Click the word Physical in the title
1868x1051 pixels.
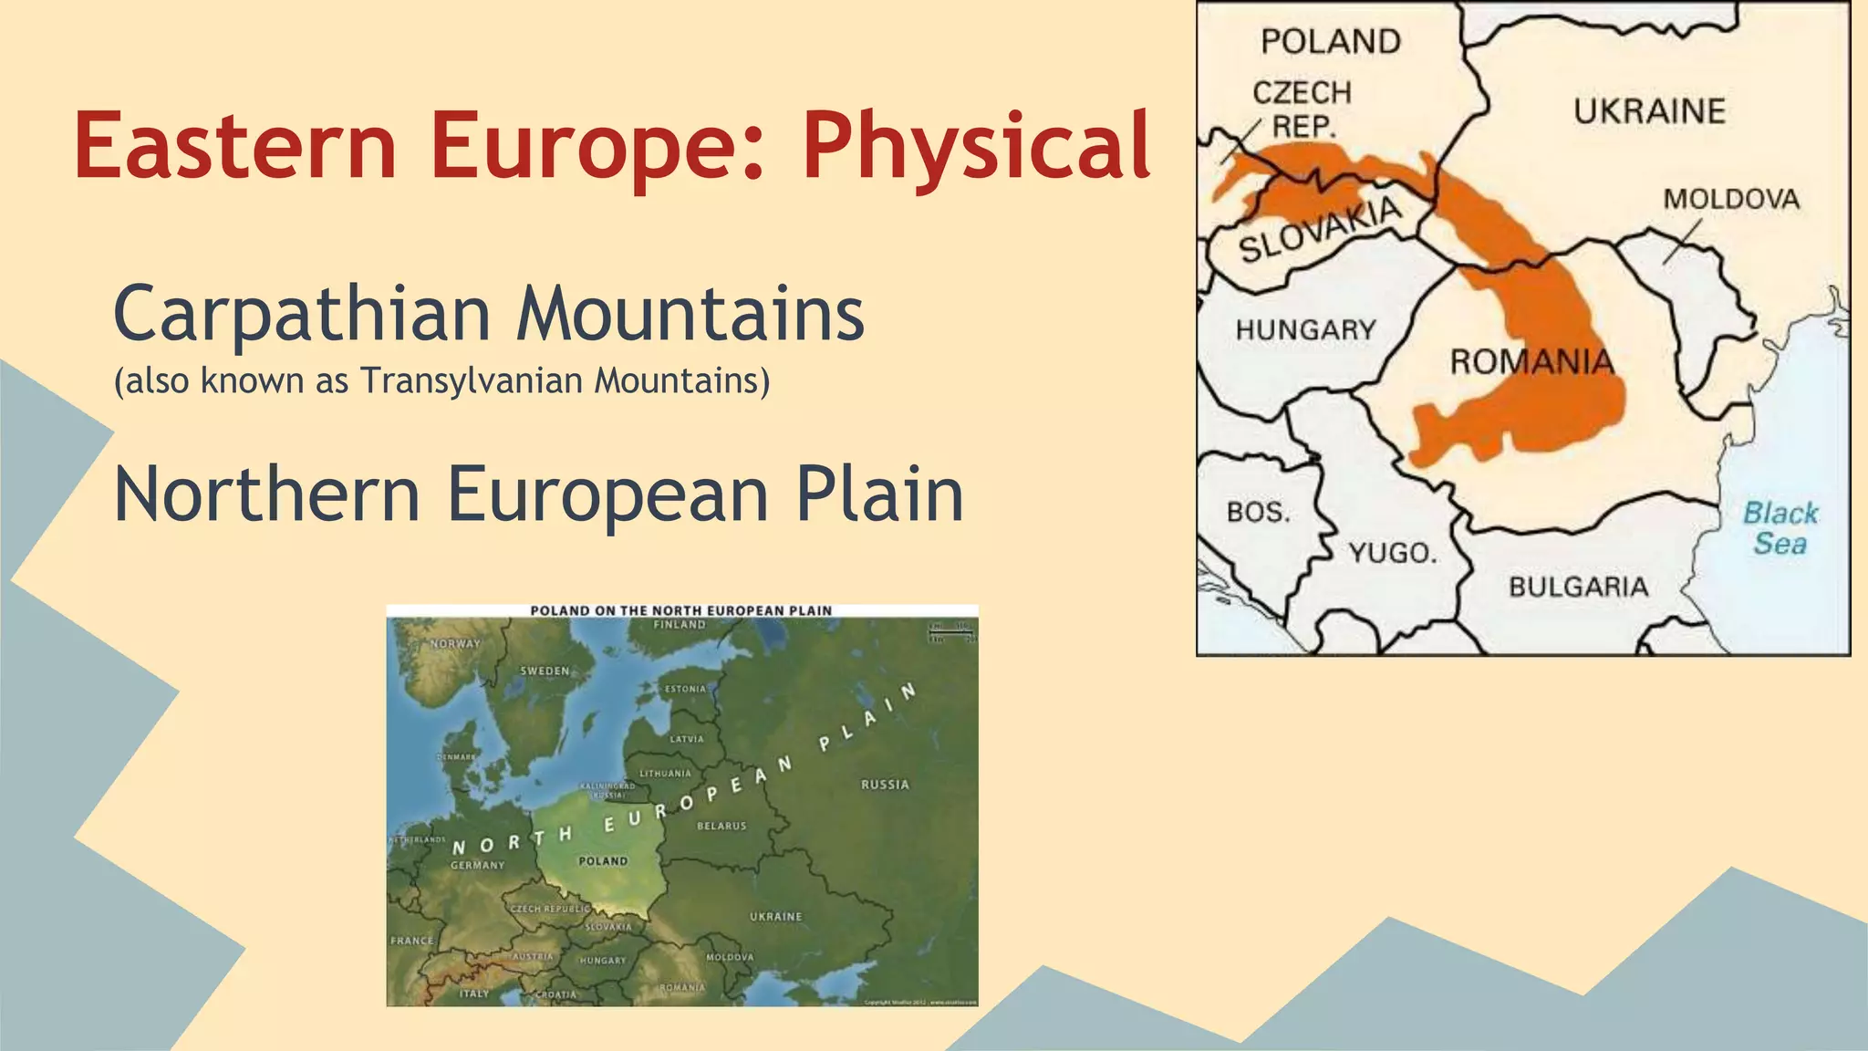click(976, 146)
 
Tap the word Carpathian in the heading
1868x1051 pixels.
click(301, 314)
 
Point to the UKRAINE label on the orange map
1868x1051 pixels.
click(1649, 111)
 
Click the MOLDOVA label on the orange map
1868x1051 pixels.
click(1730, 199)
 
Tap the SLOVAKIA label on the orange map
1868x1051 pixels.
click(1319, 228)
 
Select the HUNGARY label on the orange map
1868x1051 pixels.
click(1305, 329)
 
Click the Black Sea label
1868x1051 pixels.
click(1780, 528)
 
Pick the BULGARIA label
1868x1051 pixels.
click(1578, 587)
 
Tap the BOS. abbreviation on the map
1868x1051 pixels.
click(1258, 513)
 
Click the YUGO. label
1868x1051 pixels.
click(1392, 553)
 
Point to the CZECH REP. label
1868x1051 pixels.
click(1302, 109)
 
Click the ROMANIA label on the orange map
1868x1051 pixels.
click(1531, 362)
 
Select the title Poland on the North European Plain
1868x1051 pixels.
click(680, 610)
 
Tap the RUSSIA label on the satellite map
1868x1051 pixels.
click(884, 785)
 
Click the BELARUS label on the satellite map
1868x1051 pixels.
click(721, 826)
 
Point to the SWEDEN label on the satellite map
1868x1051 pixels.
click(545, 671)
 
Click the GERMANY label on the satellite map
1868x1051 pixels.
click(477, 865)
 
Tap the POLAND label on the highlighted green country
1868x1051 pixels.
click(603, 860)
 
